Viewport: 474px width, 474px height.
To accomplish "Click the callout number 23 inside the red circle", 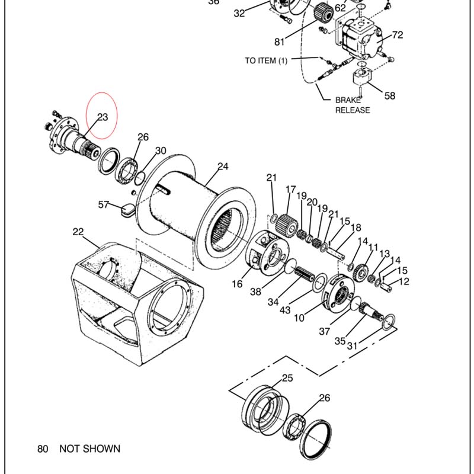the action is (103, 117).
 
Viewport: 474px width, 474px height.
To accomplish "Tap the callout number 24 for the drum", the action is (223, 166).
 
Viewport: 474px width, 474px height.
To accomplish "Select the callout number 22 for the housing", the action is (78, 232).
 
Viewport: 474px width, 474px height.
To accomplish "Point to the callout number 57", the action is (103, 204).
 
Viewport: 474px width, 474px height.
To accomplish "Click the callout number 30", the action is (161, 150).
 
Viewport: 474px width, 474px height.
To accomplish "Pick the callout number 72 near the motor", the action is (398, 35).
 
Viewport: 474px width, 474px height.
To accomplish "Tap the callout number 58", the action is (390, 96).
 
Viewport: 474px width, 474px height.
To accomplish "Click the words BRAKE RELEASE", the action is (353, 105).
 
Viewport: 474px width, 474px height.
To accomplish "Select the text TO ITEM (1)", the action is (266, 61).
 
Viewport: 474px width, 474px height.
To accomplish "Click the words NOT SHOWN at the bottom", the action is (90, 449).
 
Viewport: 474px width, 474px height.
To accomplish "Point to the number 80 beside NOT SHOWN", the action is (43, 449).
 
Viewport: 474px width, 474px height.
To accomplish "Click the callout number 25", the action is (287, 378).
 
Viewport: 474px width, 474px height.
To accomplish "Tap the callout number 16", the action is (237, 284).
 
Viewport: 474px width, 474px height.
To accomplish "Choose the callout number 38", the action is (255, 292).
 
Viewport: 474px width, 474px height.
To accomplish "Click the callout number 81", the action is (279, 41).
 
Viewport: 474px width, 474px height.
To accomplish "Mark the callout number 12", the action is (404, 281).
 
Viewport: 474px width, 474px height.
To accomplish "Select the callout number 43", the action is (285, 310).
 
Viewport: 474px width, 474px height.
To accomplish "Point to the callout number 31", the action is (352, 345).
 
